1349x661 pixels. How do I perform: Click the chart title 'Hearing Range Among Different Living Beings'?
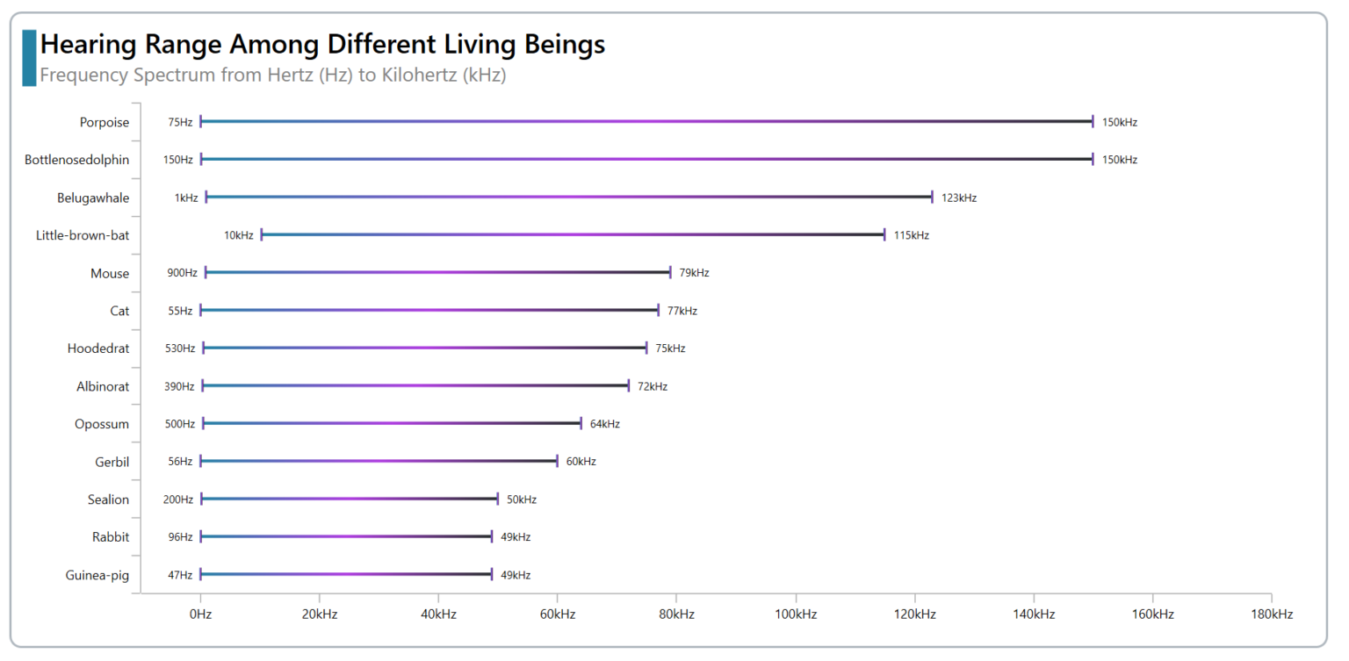click(x=322, y=44)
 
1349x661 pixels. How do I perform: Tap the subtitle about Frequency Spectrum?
click(x=272, y=75)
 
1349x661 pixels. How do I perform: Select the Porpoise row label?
click(x=104, y=122)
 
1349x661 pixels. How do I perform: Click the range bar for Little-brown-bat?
click(x=573, y=234)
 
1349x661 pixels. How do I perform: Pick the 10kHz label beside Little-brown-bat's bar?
click(x=238, y=235)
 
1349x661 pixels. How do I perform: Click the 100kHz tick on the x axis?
click(x=796, y=614)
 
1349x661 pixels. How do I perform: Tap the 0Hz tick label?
click(x=200, y=614)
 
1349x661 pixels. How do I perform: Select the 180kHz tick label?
click(x=1272, y=614)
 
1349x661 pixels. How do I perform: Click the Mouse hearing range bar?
click(x=437, y=272)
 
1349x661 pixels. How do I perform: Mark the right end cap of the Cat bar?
click(x=658, y=310)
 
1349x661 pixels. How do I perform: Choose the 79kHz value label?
click(x=694, y=273)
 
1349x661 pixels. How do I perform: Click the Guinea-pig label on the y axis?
click(x=97, y=575)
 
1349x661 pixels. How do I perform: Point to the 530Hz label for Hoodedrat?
click(x=180, y=348)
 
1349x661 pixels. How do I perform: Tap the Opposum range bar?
click(x=392, y=423)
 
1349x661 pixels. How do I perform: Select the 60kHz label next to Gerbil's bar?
click(x=581, y=462)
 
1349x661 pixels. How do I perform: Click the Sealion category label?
click(x=108, y=499)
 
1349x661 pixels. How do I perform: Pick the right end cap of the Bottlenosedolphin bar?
click(x=1093, y=159)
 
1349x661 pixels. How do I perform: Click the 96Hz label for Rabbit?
click(x=180, y=537)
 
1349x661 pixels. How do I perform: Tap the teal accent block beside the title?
click(x=29, y=58)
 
